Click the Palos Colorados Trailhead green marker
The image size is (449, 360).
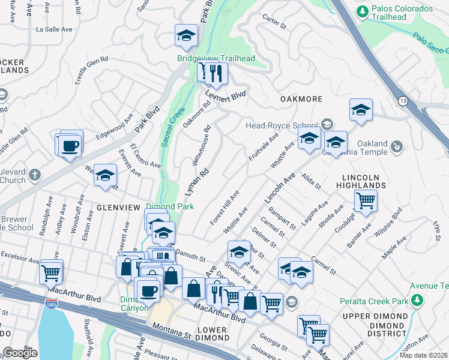[x=362, y=11]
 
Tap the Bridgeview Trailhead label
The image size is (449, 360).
[x=216, y=58]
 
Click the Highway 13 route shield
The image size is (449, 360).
[x=400, y=100]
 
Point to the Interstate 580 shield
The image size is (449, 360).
[x=51, y=305]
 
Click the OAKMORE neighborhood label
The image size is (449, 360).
[x=301, y=99]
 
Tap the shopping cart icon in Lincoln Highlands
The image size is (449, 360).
[x=365, y=200]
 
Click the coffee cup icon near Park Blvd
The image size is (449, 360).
[x=70, y=145]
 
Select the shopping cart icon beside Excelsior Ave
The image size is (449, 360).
[x=51, y=272]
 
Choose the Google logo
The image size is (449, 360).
[x=20, y=353]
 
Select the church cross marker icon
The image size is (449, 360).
[x=35, y=175]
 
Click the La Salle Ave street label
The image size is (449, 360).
[x=55, y=28]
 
